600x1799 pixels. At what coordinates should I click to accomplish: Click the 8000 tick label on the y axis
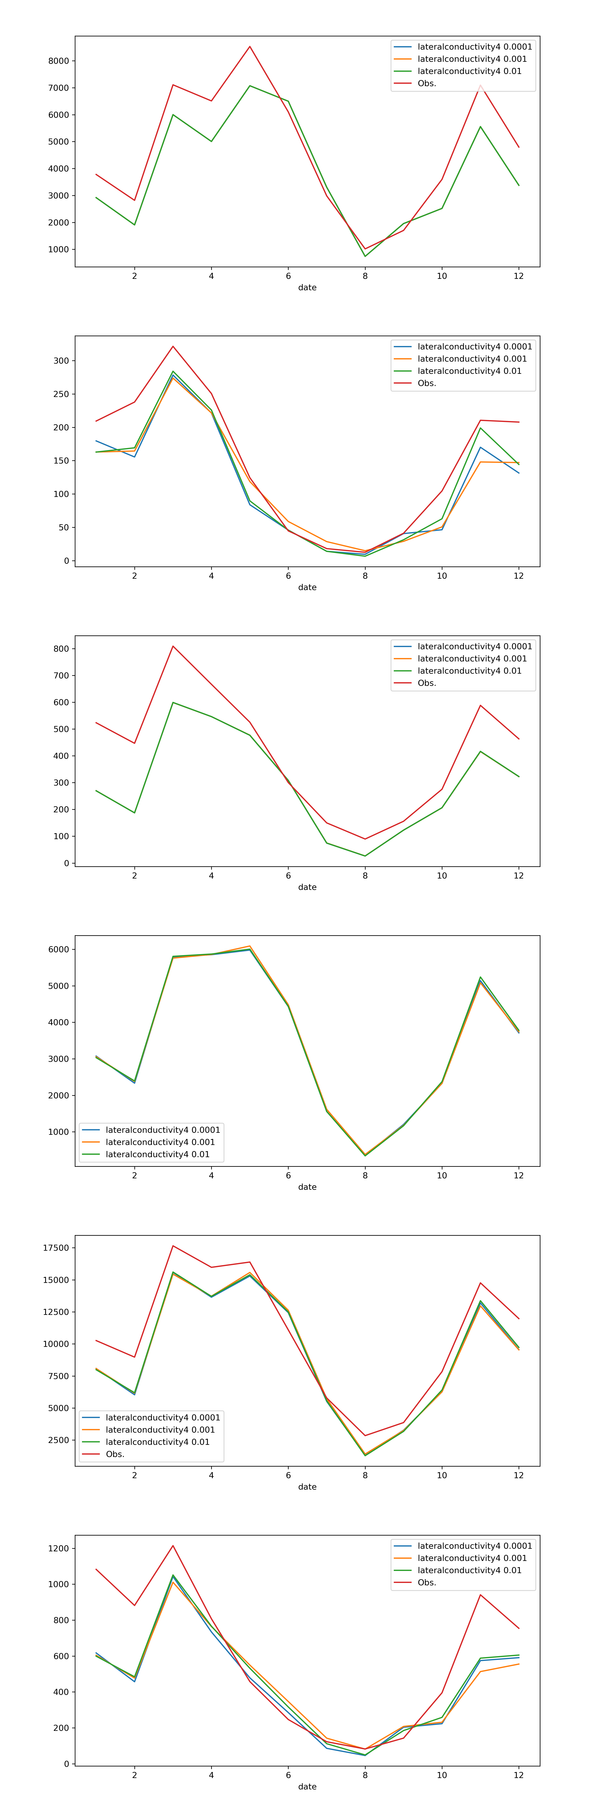pyautogui.click(x=59, y=61)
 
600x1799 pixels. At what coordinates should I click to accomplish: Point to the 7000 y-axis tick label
pyautogui.click(x=59, y=88)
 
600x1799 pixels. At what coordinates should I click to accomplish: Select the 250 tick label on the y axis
pyautogui.click(x=61, y=394)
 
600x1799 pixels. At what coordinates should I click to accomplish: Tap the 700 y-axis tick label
pyautogui.click(x=61, y=675)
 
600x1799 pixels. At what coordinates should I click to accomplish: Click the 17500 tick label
pyautogui.click(x=56, y=1248)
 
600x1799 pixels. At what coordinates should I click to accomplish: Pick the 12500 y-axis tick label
pyautogui.click(x=56, y=1312)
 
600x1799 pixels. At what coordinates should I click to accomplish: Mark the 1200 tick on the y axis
pyautogui.click(x=59, y=1548)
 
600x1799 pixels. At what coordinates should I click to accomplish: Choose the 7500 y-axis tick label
pyautogui.click(x=59, y=1376)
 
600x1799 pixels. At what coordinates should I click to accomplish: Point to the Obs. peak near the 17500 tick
pyautogui.click(x=173, y=1246)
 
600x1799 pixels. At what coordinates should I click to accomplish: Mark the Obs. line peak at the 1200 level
pyautogui.click(x=173, y=1546)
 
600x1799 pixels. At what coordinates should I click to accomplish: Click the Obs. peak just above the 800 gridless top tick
pyautogui.click(x=173, y=646)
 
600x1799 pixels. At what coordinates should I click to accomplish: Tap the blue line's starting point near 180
pyautogui.click(x=96, y=441)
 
